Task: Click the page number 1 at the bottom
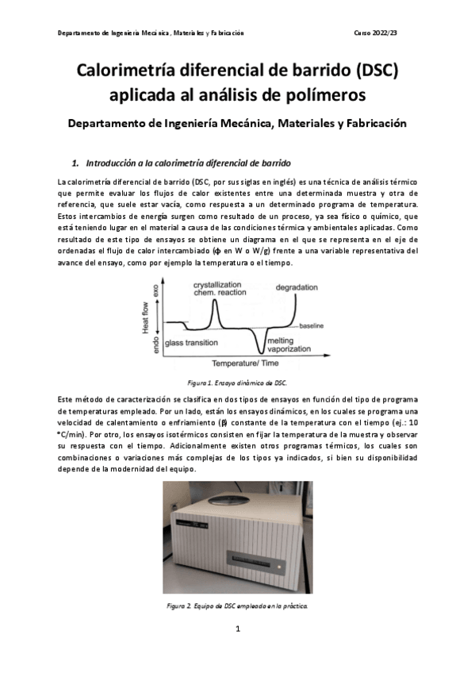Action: pyautogui.click(x=238, y=629)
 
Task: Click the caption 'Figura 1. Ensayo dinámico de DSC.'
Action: pyautogui.click(x=237, y=382)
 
